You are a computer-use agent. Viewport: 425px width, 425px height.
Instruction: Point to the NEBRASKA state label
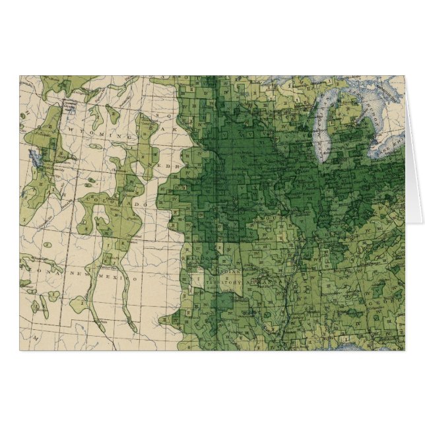[x=173, y=163]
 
